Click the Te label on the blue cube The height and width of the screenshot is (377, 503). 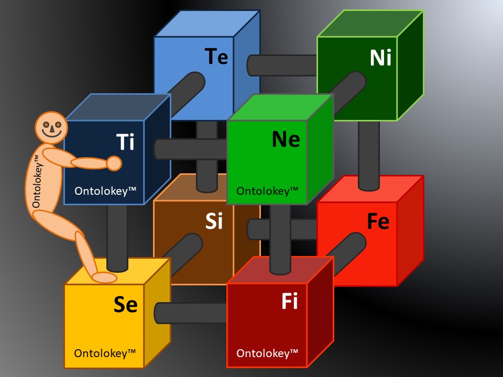[216, 56]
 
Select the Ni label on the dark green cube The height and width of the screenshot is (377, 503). [380, 58]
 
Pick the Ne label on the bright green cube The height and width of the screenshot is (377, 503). [286, 139]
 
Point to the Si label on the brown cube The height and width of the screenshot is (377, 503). [214, 221]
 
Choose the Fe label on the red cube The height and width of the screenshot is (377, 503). [378, 221]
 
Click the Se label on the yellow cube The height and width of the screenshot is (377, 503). [126, 305]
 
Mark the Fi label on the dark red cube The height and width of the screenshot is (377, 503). [289, 302]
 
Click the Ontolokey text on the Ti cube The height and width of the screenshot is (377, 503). [105, 191]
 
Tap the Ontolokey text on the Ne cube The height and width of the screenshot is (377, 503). [267, 191]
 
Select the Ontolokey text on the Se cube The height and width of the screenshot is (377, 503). [105, 353]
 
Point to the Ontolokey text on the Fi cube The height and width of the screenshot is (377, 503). [267, 353]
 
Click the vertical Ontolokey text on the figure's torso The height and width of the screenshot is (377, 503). [37, 181]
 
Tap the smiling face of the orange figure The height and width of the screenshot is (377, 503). [51, 128]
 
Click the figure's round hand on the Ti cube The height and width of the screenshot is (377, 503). [114, 163]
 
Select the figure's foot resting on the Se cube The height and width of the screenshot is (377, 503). [104, 278]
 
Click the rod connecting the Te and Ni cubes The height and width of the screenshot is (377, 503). [283, 65]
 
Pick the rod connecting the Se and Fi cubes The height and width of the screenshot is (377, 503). [191, 313]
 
